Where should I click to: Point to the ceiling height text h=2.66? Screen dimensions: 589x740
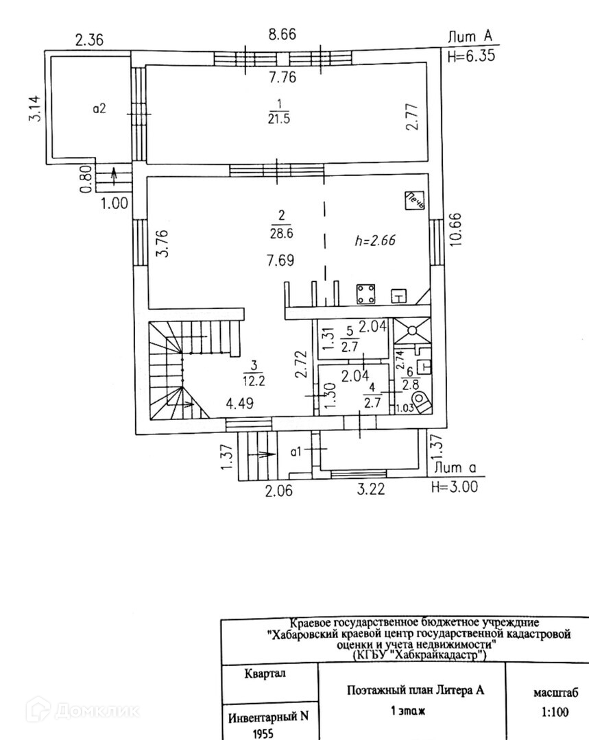click(376, 241)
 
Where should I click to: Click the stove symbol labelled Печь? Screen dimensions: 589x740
click(416, 200)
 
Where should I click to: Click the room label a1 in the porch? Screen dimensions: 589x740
click(297, 451)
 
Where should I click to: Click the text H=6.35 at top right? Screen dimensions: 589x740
click(470, 56)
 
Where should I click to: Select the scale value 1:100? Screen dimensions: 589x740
click(555, 712)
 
